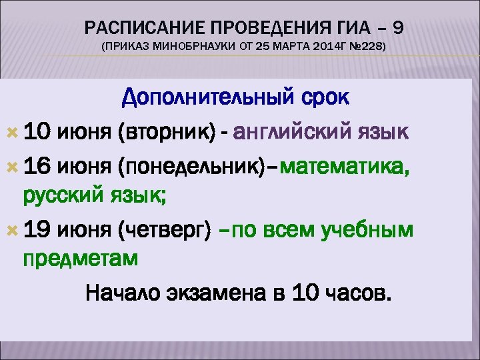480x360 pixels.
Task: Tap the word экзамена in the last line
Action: [x=217, y=293]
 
